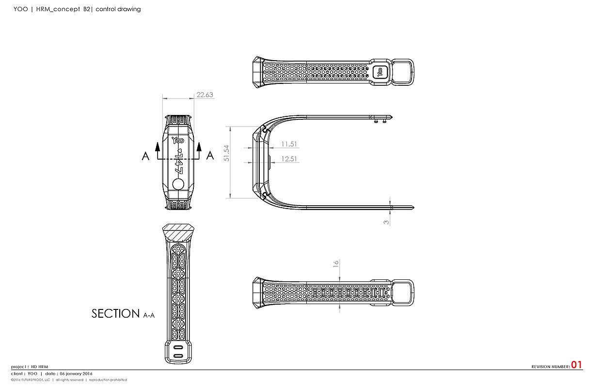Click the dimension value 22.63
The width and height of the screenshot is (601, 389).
[205, 95]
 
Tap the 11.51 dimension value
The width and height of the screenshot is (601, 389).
[289, 144]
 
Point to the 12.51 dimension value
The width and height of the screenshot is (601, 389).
[289, 159]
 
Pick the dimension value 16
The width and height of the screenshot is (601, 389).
[335, 264]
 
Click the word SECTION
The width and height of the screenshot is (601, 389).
[115, 314]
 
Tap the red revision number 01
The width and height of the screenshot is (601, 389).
[576, 365]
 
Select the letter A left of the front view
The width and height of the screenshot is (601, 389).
[145, 156]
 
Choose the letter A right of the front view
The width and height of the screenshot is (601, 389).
[210, 156]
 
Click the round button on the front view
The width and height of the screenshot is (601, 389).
[178, 185]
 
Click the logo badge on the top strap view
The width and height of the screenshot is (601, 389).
[380, 72]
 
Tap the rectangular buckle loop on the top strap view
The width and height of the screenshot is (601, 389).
[402, 72]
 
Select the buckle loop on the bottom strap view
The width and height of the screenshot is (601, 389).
[402, 292]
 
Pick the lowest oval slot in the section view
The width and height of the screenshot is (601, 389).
[178, 357]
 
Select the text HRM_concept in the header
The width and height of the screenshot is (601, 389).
[57, 9]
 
